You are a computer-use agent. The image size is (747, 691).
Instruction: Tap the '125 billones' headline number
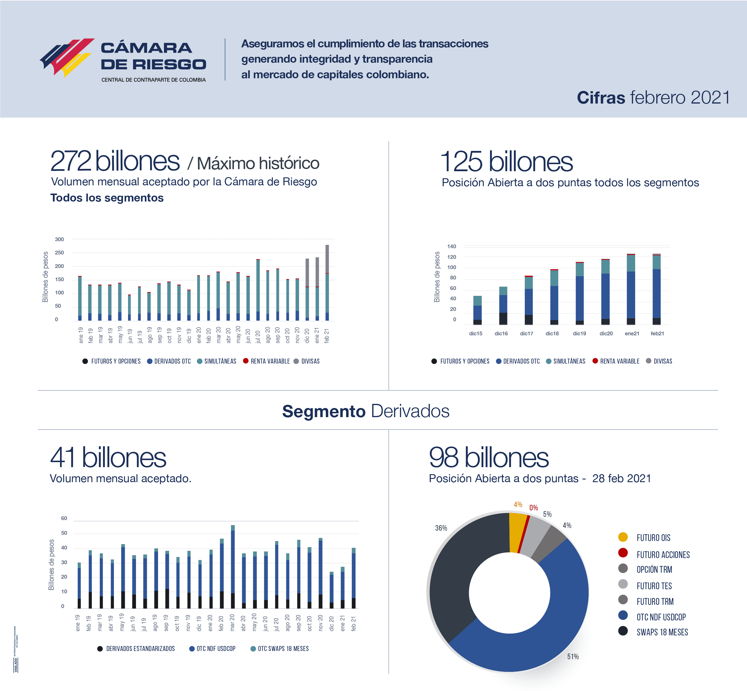[x=506, y=161]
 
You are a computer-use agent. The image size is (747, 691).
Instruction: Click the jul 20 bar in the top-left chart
[x=258, y=290]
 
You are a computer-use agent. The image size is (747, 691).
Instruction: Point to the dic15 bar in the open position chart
[x=477, y=310]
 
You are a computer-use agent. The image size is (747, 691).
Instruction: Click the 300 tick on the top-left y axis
[x=59, y=239]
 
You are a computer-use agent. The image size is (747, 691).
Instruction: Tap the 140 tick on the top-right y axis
[x=451, y=247]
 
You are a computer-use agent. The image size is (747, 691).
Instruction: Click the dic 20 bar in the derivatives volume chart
[x=331, y=590]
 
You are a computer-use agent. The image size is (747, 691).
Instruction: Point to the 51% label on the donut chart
[x=573, y=656]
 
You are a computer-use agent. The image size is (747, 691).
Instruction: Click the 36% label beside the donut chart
[x=441, y=528]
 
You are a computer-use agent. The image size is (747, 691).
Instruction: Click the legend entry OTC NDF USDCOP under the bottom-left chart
[x=216, y=648]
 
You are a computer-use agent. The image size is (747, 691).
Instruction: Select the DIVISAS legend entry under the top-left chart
[x=310, y=361]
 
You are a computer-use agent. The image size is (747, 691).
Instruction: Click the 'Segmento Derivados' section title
[x=366, y=411]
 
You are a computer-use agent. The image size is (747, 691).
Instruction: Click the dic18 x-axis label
[x=552, y=334]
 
